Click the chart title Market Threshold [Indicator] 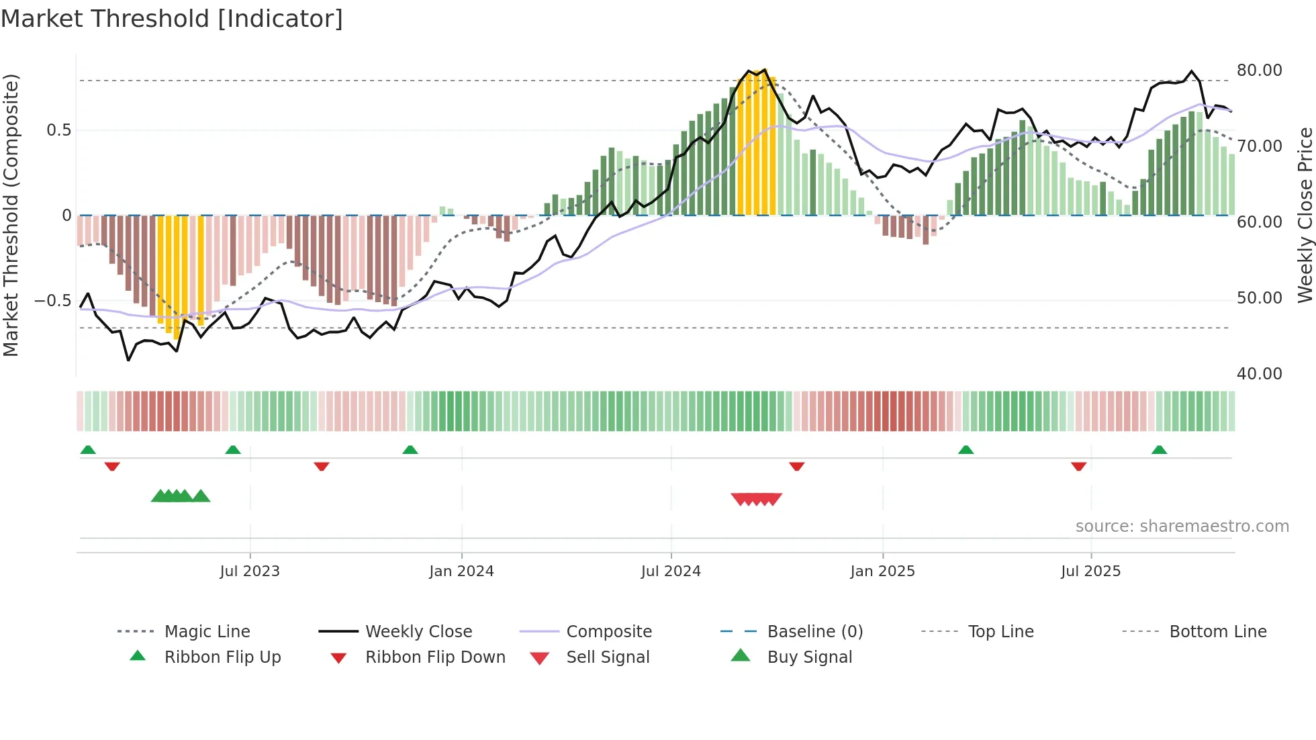[x=172, y=19]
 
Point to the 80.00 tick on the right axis [x=1259, y=71]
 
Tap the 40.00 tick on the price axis [x=1259, y=374]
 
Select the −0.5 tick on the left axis [x=52, y=300]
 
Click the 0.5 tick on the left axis [x=58, y=130]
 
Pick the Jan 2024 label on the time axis [x=461, y=571]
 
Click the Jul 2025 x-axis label [x=1090, y=571]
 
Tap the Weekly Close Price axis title [x=1305, y=215]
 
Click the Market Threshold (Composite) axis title [x=11, y=215]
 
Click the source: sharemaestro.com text [x=1182, y=526]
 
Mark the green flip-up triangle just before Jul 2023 [x=233, y=450]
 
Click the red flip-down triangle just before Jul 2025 [x=1078, y=466]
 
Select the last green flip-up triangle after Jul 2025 [x=1159, y=450]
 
